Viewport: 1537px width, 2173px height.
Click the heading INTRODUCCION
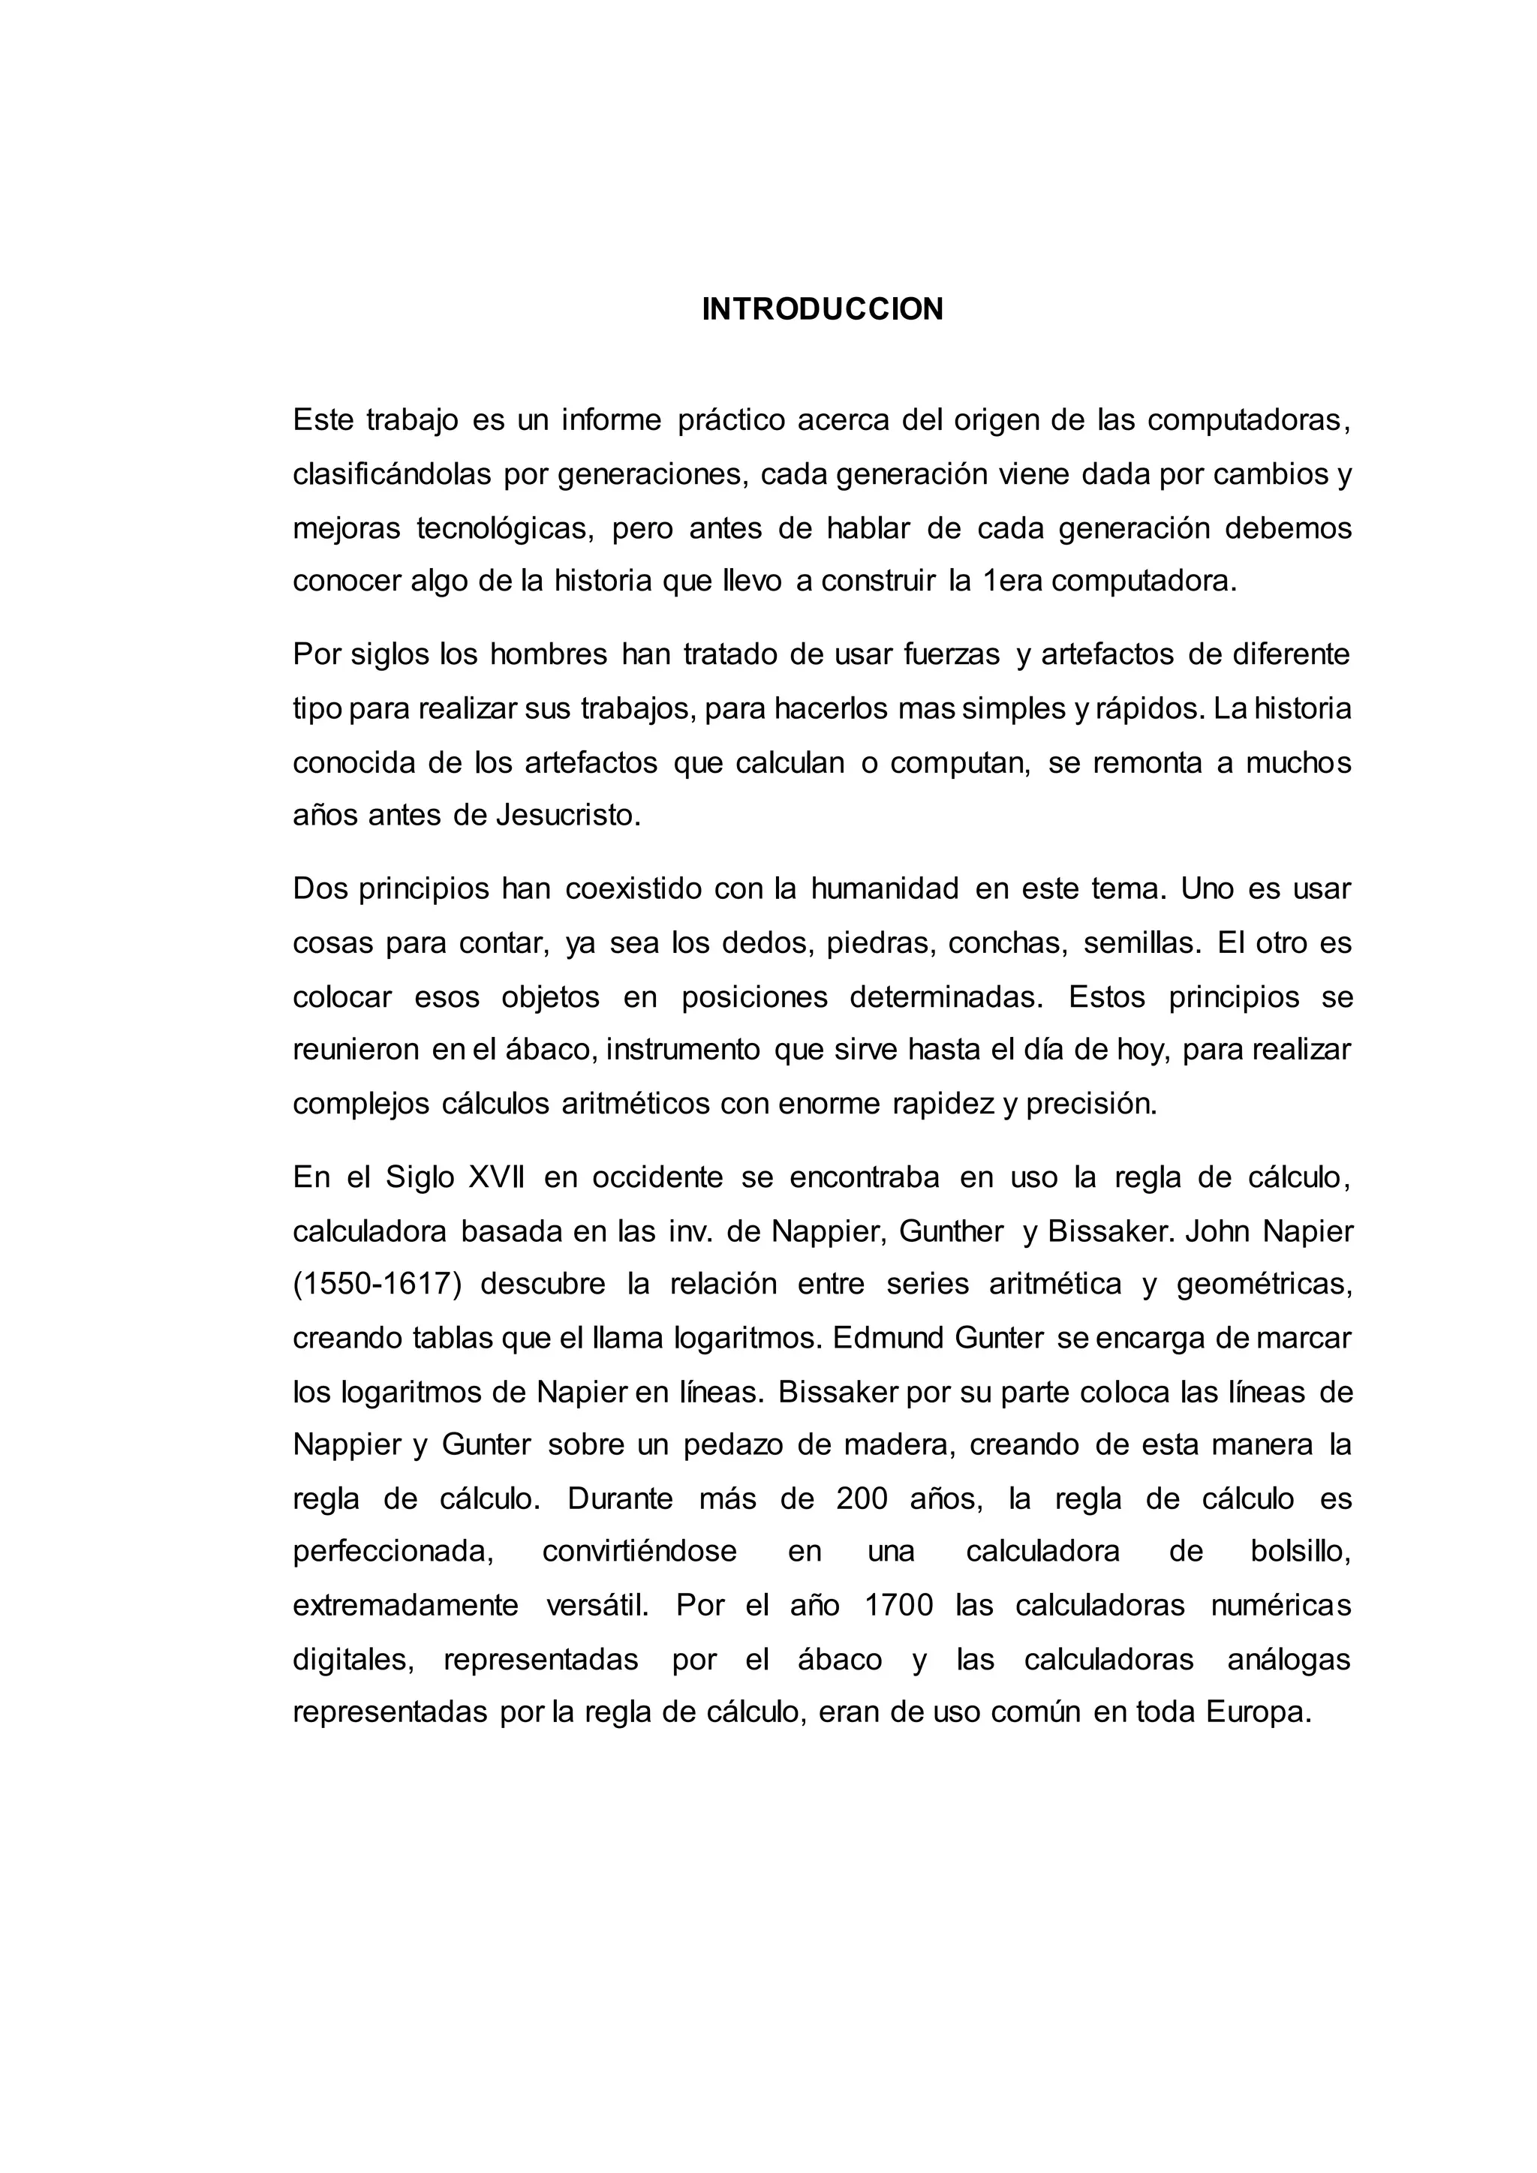[823, 309]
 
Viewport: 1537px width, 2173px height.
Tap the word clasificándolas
[392, 473]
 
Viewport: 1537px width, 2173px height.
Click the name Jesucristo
[569, 815]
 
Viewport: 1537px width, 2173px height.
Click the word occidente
[657, 1177]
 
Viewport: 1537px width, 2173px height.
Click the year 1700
[899, 1606]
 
